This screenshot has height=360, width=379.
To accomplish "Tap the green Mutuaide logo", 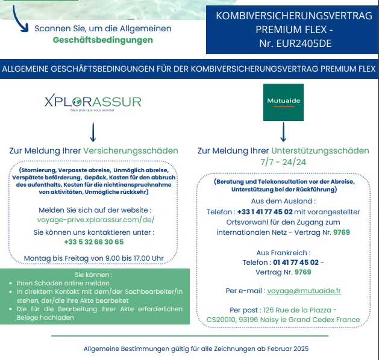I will (283, 102).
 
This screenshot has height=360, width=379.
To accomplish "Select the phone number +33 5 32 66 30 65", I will (93, 241).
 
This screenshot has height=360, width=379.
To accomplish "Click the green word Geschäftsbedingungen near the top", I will (102, 40).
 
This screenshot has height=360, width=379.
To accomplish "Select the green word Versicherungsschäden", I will (131, 151).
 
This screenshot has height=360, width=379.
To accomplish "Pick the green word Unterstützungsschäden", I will (320, 151).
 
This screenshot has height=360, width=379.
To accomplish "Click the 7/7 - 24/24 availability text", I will (283, 162).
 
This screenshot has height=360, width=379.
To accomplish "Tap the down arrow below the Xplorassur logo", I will (93, 131).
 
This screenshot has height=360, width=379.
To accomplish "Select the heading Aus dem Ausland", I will (283, 201).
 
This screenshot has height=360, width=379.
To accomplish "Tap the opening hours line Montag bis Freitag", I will (93, 258).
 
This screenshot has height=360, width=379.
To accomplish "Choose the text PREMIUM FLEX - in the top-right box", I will (294, 29).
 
